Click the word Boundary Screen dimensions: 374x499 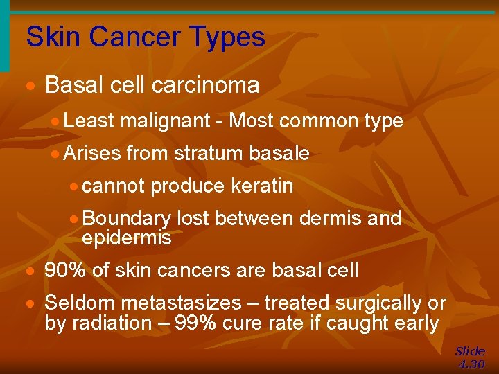126,219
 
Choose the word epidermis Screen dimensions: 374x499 126,238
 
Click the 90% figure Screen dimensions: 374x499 65,270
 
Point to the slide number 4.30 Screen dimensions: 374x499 471,364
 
